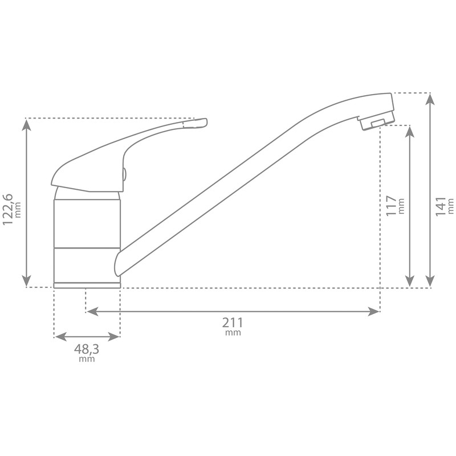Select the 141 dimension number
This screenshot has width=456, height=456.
point(441,206)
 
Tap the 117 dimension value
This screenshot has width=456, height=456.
point(391,206)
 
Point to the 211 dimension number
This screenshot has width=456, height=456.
point(233,323)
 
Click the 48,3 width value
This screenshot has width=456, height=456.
point(87,349)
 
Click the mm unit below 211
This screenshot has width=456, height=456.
point(233,333)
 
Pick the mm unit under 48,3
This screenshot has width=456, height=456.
point(87,359)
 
